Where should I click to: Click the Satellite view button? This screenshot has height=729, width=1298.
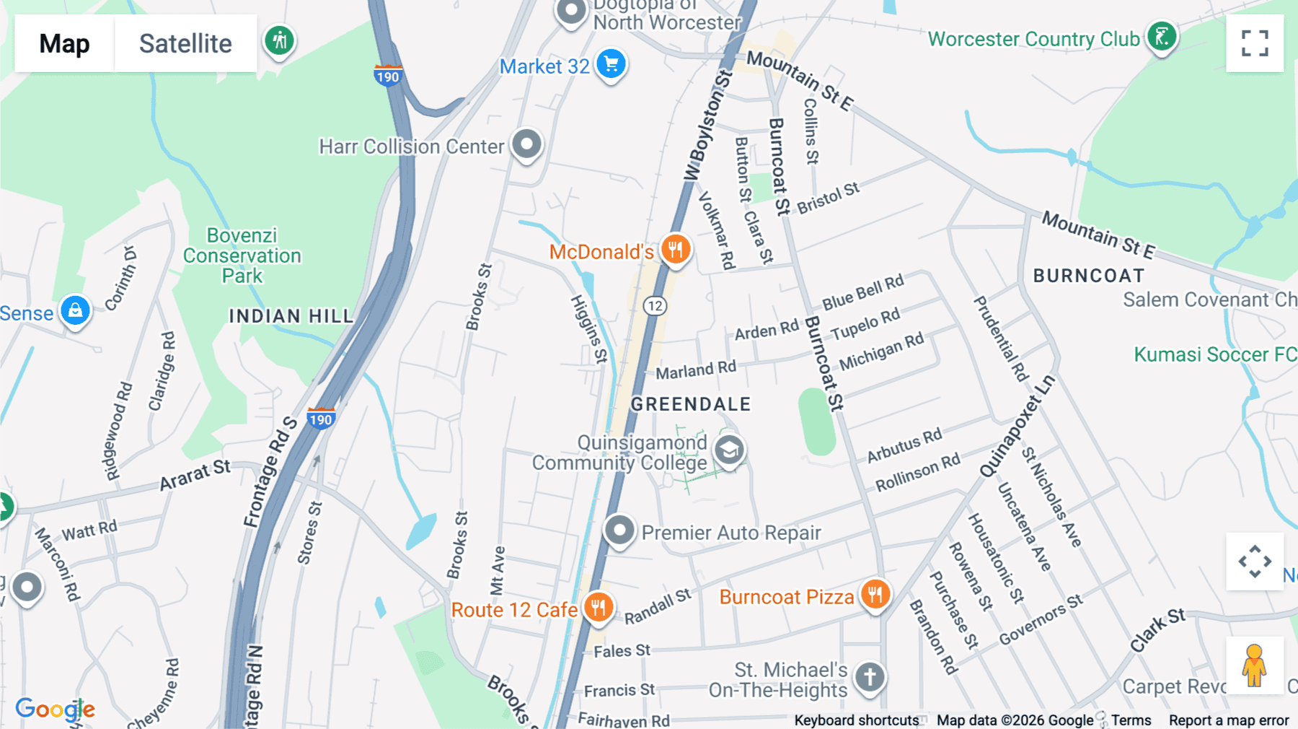tap(185, 43)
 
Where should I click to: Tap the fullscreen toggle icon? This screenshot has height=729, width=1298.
tap(1255, 43)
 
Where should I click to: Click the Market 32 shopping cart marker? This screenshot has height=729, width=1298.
tap(612, 65)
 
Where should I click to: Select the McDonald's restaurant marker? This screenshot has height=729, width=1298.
tap(676, 250)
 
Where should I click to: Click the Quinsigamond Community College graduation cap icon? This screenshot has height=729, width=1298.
tap(729, 450)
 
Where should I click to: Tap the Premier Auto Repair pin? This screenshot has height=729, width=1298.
tap(619, 532)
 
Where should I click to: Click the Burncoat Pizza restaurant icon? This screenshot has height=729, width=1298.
tap(875, 595)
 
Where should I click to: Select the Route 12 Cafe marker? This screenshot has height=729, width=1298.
tap(598, 608)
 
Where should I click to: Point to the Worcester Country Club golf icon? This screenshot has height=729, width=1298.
tap(1162, 37)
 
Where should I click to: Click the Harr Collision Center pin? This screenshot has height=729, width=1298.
tap(526, 144)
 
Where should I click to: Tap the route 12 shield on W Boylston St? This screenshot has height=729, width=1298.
tap(655, 306)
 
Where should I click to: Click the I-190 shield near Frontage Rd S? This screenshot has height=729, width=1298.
tap(321, 419)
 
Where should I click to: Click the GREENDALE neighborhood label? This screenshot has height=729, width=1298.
tap(691, 404)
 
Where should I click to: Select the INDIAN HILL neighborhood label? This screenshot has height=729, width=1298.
tap(291, 316)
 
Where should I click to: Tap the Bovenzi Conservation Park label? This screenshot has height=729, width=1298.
tap(242, 256)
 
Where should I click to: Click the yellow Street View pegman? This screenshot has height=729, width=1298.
tap(1255, 665)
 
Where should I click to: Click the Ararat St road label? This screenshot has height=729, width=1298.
tap(195, 475)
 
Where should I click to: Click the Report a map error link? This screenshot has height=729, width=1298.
tap(1228, 720)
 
